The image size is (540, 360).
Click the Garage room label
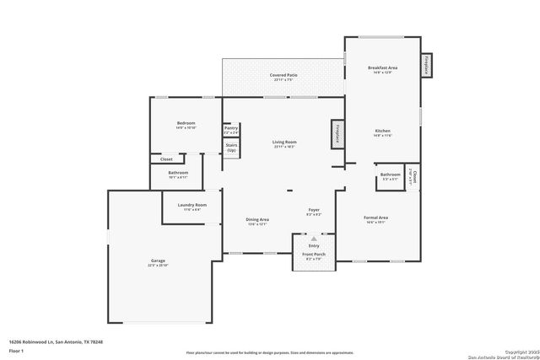pos(159,261)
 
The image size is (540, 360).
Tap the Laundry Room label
pos(192,205)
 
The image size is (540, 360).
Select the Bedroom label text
pos(186,124)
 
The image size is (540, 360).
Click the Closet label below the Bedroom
pos(166,159)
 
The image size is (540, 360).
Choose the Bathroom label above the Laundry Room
pos(178,173)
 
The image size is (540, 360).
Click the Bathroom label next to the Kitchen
pos(390,175)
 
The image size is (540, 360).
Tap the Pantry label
pos(231,128)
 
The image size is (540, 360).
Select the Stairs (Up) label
pos(231,147)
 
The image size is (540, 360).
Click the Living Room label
pos(283,142)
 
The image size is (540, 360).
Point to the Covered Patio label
pos(283,75)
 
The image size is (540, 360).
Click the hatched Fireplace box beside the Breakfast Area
pos(427,67)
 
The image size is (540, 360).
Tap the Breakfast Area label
pos(382,67)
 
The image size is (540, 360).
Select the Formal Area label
pos(375,218)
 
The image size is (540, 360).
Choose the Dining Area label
pos(256,221)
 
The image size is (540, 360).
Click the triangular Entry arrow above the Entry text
pos(314,239)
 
